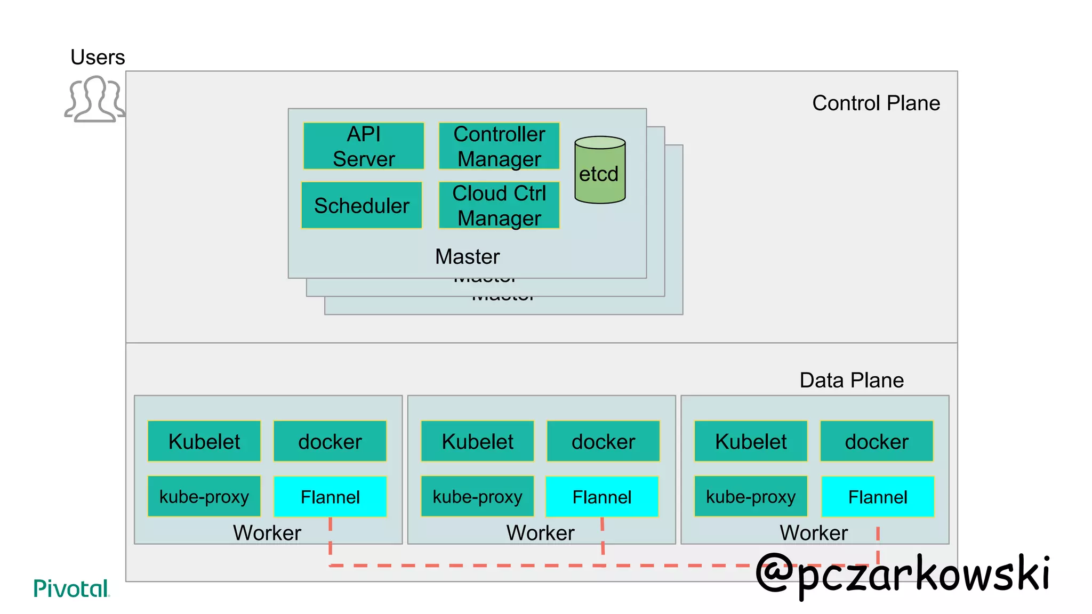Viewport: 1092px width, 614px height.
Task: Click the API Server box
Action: pyautogui.click(x=364, y=146)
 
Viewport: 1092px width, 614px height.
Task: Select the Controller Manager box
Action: pyautogui.click(x=499, y=146)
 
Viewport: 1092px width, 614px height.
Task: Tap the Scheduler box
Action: pyautogui.click(x=362, y=205)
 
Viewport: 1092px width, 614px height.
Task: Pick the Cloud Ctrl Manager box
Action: pyautogui.click(x=499, y=205)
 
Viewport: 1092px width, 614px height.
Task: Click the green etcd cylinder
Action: pyautogui.click(x=600, y=171)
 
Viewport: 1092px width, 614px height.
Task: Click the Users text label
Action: pyautogui.click(x=98, y=57)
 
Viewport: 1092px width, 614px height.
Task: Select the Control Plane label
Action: pyautogui.click(x=876, y=103)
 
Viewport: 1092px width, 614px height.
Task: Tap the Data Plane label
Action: pyautogui.click(x=852, y=380)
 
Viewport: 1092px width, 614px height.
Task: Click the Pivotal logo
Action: pyautogui.click(x=71, y=588)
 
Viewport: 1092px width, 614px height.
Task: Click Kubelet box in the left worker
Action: pyautogui.click(x=204, y=441)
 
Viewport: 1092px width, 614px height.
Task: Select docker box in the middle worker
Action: pyautogui.click(x=603, y=441)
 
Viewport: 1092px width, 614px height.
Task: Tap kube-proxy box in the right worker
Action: pyautogui.click(x=751, y=497)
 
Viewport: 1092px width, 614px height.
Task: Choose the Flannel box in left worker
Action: pyautogui.click(x=330, y=497)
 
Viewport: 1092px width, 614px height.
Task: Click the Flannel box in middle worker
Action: pyautogui.click(x=602, y=497)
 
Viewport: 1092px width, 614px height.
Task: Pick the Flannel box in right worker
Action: pyautogui.click(x=878, y=497)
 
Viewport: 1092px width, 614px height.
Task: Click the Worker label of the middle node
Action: pyautogui.click(x=540, y=532)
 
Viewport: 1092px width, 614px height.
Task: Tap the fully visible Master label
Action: pyautogui.click(x=467, y=256)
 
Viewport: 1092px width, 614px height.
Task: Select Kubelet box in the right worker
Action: pyautogui.click(x=751, y=441)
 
